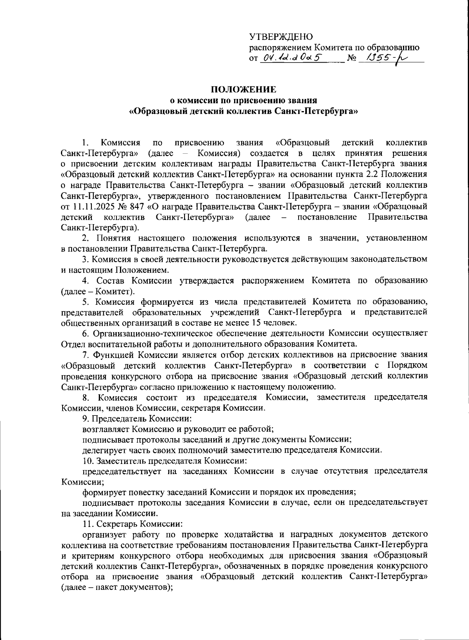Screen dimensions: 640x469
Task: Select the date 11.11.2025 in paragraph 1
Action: point(91,206)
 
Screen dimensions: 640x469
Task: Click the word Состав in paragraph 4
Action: point(111,280)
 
